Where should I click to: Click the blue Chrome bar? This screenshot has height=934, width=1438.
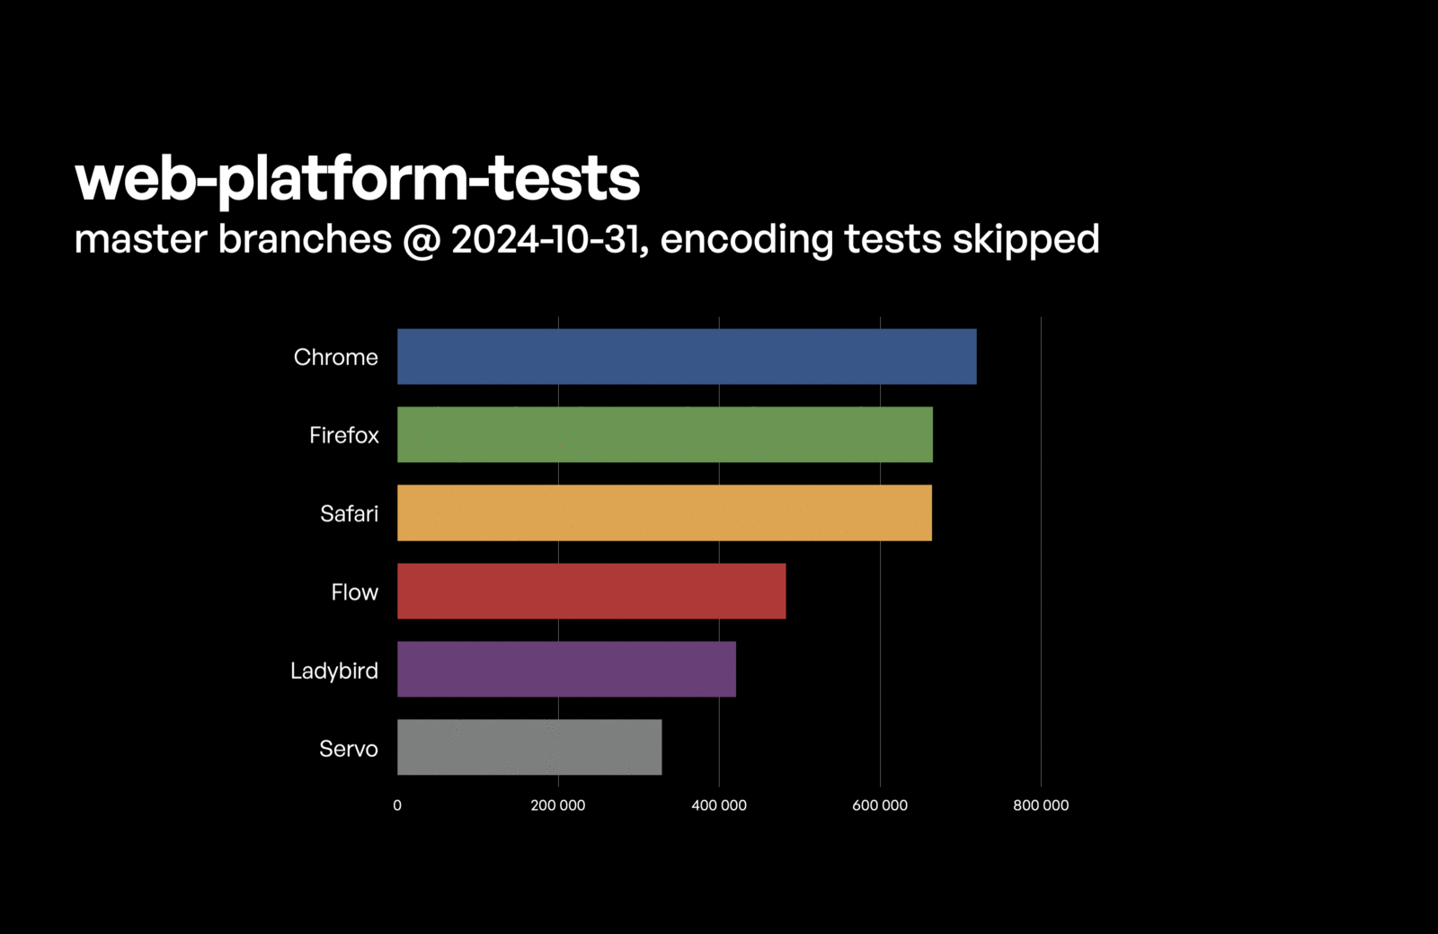tap(687, 357)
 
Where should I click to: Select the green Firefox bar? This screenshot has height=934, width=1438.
tap(665, 435)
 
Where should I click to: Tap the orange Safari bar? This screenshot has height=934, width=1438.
tap(664, 513)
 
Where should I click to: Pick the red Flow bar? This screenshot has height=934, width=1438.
tap(591, 592)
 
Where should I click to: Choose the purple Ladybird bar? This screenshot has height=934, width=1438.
tap(566, 670)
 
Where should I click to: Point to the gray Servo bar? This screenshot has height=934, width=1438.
tap(529, 747)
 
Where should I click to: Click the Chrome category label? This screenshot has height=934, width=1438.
tap(335, 357)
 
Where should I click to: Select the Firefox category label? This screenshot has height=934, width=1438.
tap(343, 435)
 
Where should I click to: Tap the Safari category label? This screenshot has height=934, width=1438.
tap(349, 513)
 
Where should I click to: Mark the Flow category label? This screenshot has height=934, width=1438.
tap(354, 592)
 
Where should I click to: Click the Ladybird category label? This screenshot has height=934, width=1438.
tap(333, 671)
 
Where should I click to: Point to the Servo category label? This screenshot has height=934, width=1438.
tap(348, 749)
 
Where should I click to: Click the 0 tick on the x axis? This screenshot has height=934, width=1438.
tap(397, 805)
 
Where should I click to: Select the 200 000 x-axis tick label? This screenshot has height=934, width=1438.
tap(558, 805)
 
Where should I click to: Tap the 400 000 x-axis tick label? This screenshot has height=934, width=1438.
tap(719, 805)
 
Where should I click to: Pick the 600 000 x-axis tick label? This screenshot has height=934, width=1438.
tap(880, 805)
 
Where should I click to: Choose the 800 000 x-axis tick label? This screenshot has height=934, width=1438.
tap(1041, 805)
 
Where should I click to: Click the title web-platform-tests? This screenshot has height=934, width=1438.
tap(358, 178)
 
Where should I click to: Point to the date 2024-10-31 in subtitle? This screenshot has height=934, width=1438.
tap(545, 239)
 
